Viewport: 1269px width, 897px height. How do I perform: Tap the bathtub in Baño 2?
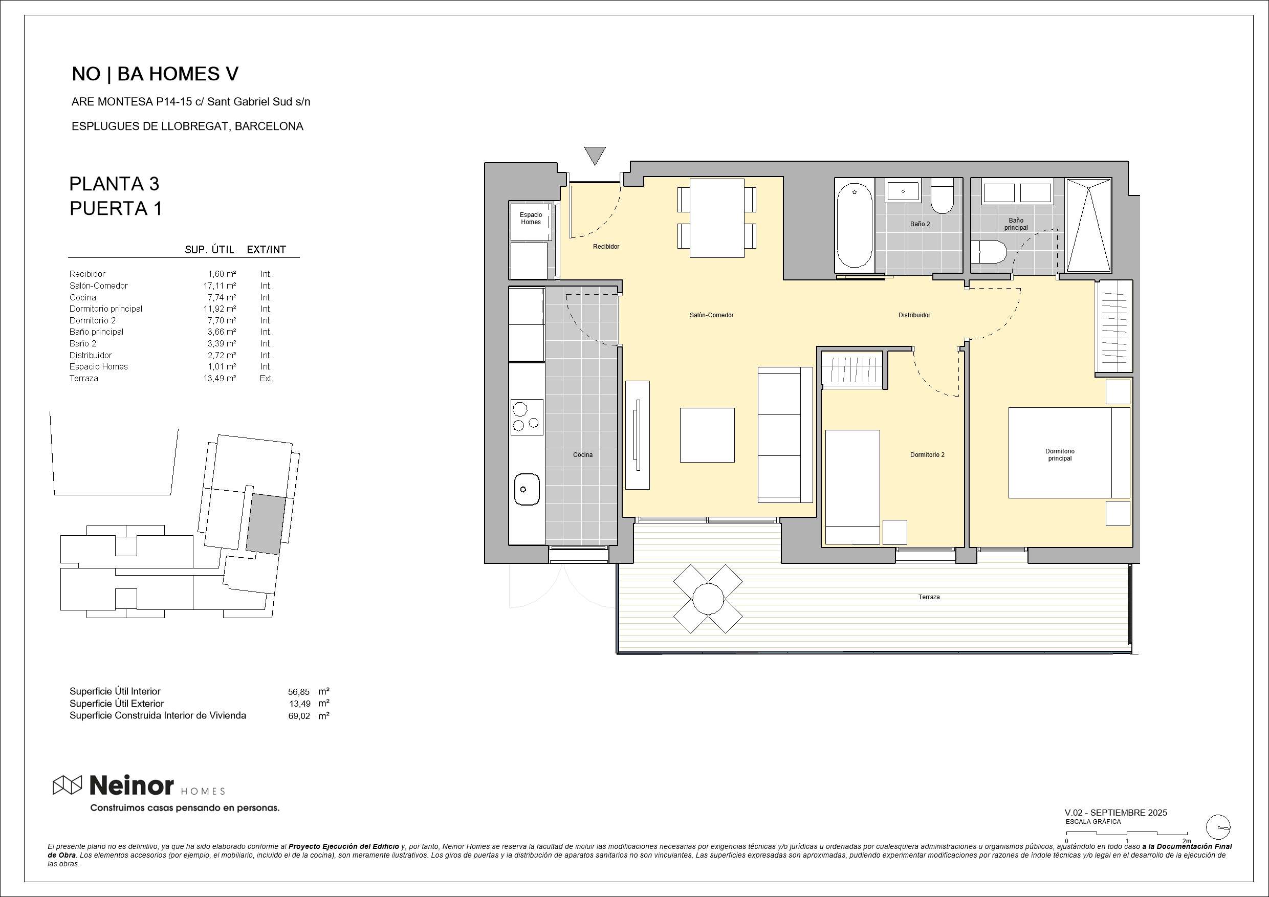855,226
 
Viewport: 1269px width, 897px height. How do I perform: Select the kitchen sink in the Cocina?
527,489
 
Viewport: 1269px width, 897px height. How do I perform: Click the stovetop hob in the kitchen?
526,417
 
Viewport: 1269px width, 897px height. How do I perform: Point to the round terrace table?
708,598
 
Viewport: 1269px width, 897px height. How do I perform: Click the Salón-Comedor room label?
711,315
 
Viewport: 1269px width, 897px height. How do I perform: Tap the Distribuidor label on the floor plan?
914,315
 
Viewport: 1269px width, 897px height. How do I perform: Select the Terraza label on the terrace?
929,597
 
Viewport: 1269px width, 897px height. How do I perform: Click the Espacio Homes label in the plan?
531,218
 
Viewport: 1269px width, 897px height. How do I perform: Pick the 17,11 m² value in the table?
220,286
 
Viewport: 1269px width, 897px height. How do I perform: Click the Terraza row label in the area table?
84,379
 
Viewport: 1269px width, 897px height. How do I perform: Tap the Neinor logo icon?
68,785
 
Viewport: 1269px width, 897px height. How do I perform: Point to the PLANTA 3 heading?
115,184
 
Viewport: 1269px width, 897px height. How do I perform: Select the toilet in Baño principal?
989,253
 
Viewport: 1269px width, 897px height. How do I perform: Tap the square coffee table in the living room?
707,435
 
